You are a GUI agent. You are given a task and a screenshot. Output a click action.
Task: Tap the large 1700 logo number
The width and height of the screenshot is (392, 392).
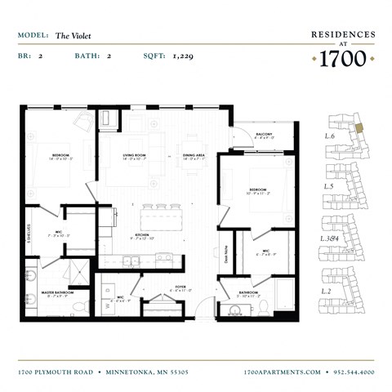click(x=342, y=59)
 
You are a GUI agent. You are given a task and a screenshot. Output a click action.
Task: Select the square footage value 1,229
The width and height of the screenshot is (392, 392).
click(x=182, y=56)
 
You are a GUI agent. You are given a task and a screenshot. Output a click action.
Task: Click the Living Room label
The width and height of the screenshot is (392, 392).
click(x=135, y=156)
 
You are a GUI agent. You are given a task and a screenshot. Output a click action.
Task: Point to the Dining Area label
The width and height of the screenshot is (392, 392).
click(x=194, y=156)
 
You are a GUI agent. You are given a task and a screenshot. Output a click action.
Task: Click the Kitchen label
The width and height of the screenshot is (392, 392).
click(x=144, y=236)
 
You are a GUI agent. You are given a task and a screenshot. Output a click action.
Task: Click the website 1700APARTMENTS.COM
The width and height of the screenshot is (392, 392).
click(x=283, y=372)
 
